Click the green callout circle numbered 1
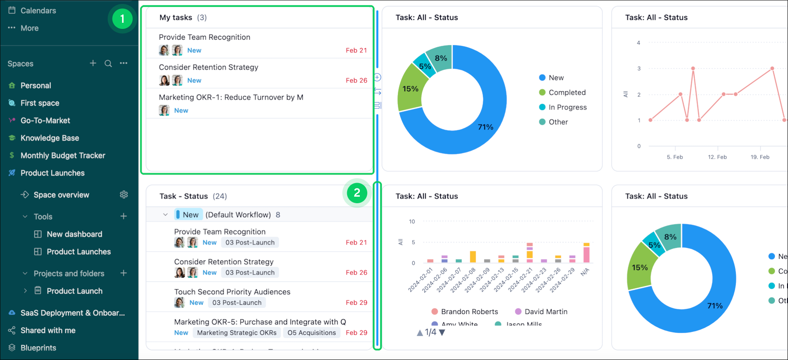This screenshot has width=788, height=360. [x=122, y=19]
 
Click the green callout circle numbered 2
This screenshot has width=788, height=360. [x=357, y=193]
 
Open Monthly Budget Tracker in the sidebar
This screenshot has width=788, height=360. [x=63, y=155]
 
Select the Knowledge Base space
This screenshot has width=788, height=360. [x=49, y=138]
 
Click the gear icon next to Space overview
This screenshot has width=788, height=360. [x=124, y=194]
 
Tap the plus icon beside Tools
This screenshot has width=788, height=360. [x=123, y=216]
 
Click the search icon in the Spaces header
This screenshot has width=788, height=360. [x=108, y=64]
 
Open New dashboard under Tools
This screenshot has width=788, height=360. [x=74, y=234]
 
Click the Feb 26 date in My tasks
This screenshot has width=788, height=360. [x=356, y=81]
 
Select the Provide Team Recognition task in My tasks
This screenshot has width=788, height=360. [x=204, y=37]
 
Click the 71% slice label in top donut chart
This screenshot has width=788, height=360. [x=485, y=127]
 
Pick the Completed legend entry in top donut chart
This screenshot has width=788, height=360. [x=566, y=92]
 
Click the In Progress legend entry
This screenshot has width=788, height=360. [x=567, y=107]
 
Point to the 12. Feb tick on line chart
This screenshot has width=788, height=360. [x=717, y=157]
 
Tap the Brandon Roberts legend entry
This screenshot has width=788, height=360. [x=469, y=311]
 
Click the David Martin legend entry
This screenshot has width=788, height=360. [x=545, y=311]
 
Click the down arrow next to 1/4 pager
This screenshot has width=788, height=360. [x=442, y=332]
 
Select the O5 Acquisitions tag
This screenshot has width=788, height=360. [x=311, y=333]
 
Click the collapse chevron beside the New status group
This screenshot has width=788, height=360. [x=165, y=215]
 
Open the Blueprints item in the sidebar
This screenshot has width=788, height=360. [x=38, y=348]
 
